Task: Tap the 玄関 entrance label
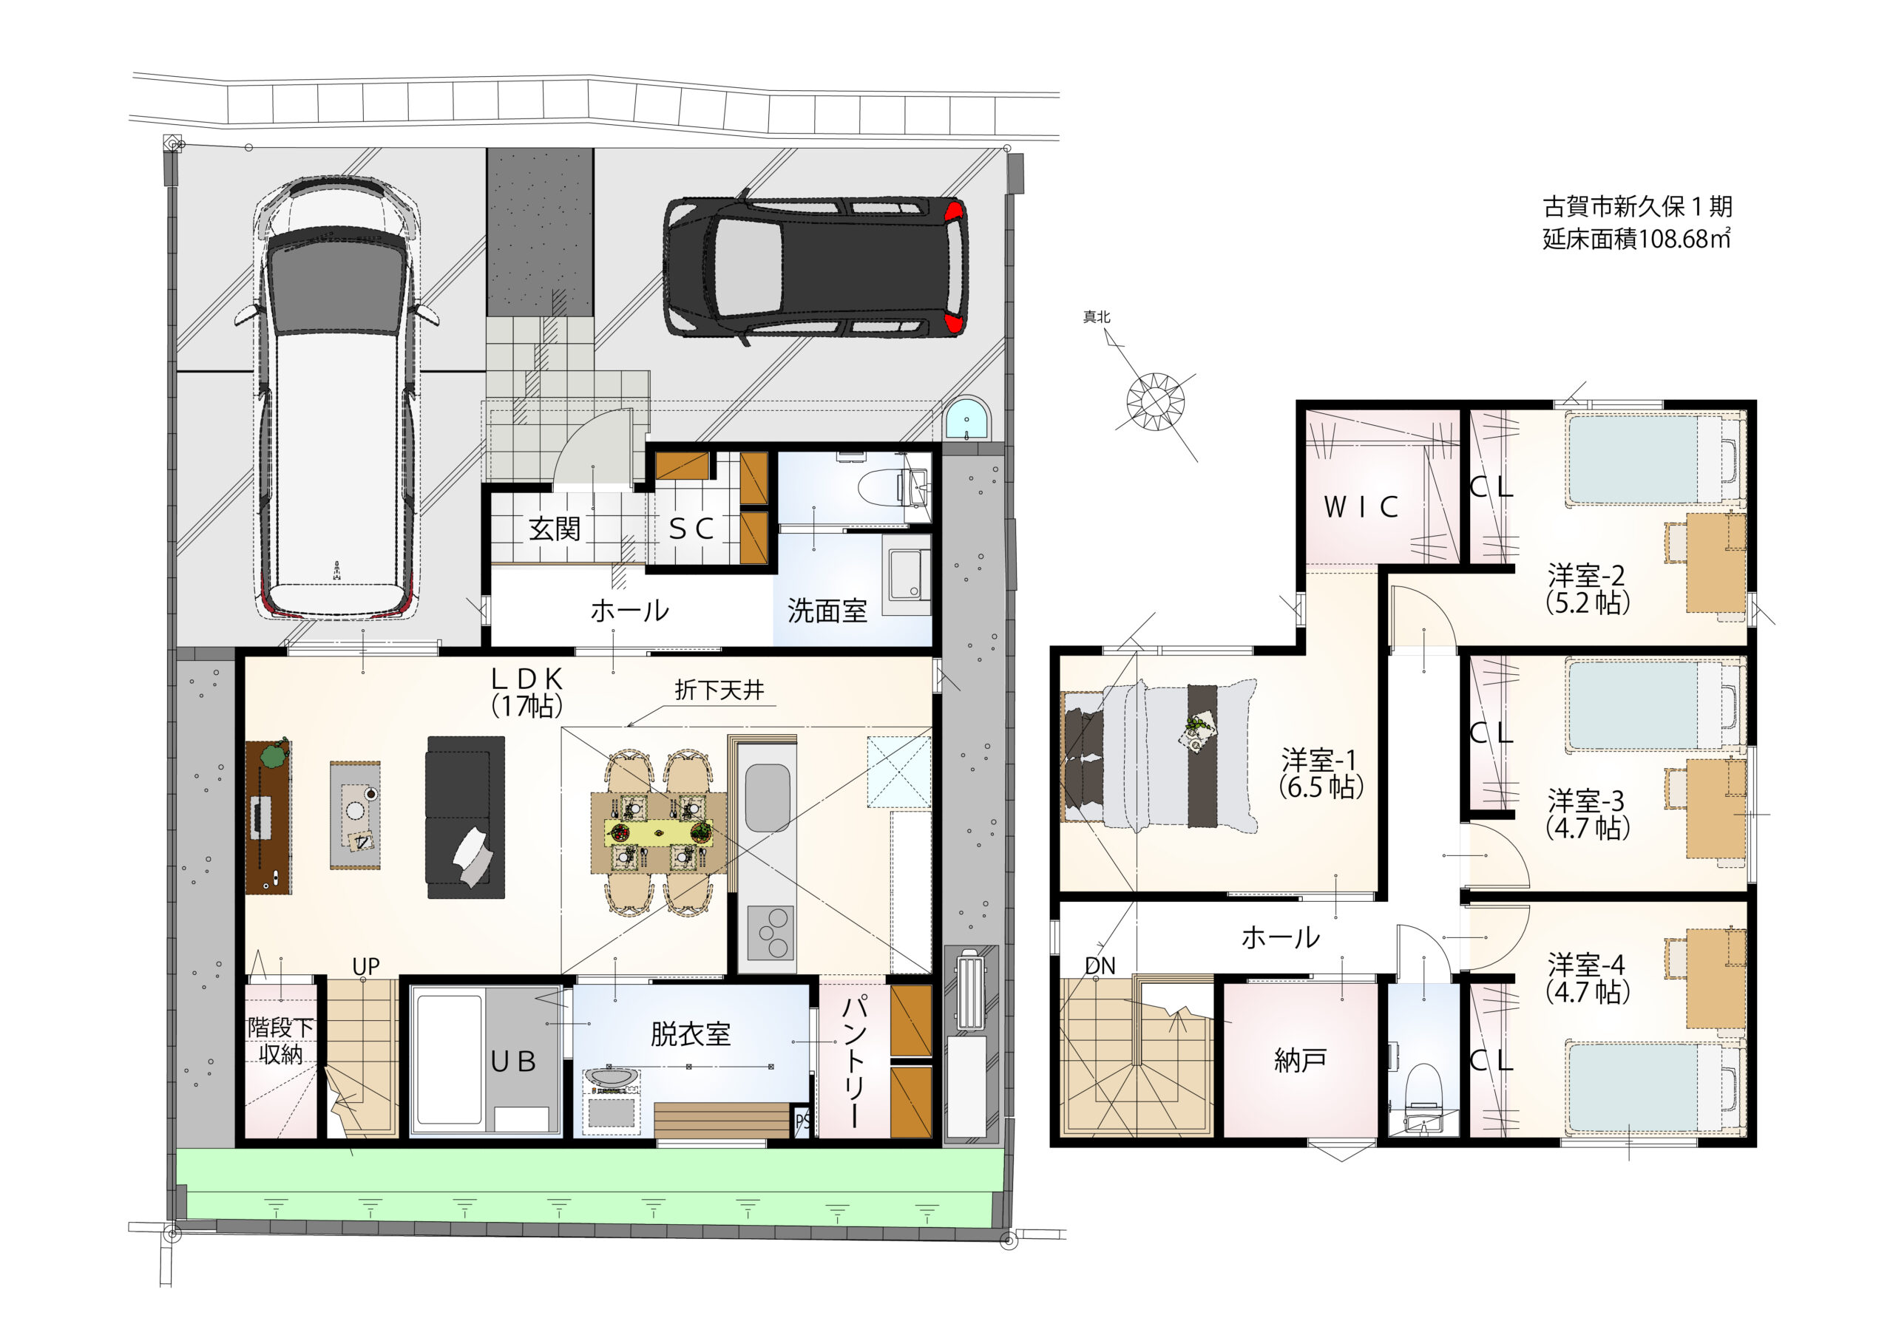(x=555, y=529)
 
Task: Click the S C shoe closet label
(x=691, y=529)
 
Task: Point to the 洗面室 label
(x=827, y=611)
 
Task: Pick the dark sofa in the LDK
(x=465, y=817)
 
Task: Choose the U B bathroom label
(x=513, y=1062)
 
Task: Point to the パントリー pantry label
(x=854, y=1060)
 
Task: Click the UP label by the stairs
(x=365, y=966)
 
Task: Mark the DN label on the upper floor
(x=1100, y=966)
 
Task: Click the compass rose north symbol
(x=1156, y=401)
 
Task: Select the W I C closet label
(x=1361, y=507)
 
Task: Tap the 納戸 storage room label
(x=1300, y=1060)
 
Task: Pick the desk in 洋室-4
(x=1716, y=979)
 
